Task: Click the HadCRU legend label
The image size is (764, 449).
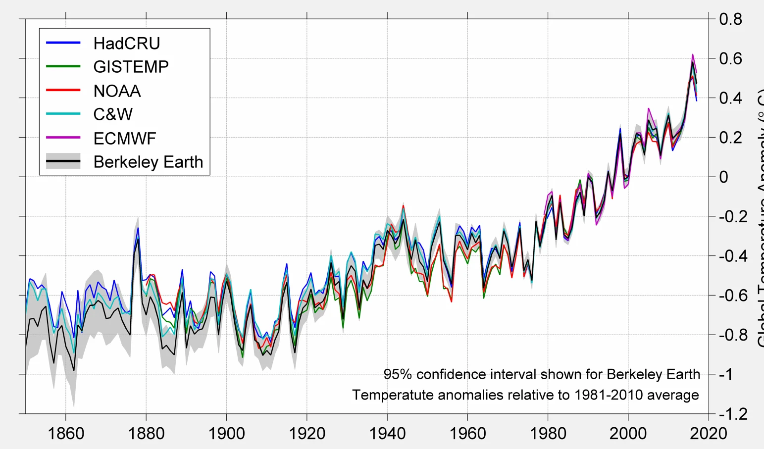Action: pyautogui.click(x=127, y=44)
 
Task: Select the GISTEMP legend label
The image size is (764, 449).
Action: pyautogui.click(x=131, y=67)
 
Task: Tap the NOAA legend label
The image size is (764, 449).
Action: pyautogui.click(x=117, y=91)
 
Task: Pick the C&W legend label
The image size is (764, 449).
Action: pyautogui.click(x=113, y=114)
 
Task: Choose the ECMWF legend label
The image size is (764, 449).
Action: pyautogui.click(x=125, y=139)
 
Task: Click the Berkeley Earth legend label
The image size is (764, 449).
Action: pyautogui.click(x=148, y=162)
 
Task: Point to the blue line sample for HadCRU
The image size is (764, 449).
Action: pyautogui.click(x=63, y=43)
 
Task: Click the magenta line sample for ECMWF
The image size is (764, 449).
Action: pyautogui.click(x=63, y=137)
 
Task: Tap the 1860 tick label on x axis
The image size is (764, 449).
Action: pyautogui.click(x=66, y=434)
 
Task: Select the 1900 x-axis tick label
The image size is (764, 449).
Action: pyautogui.click(x=226, y=434)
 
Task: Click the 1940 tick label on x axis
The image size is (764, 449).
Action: pyautogui.click(x=387, y=434)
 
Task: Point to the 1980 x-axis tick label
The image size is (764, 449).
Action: pyautogui.click(x=548, y=434)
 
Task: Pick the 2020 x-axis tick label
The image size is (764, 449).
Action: pyautogui.click(x=709, y=434)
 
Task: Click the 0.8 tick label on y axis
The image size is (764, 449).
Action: pyautogui.click(x=731, y=19)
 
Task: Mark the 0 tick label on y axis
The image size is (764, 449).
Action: pyautogui.click(x=724, y=177)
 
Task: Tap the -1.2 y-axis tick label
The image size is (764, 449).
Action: pyautogui.click(x=733, y=414)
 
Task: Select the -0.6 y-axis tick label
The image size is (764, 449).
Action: pyautogui.click(x=733, y=296)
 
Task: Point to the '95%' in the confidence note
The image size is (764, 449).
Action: pyautogui.click(x=398, y=374)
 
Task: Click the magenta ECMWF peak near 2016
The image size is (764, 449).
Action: pyautogui.click(x=692, y=54)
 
